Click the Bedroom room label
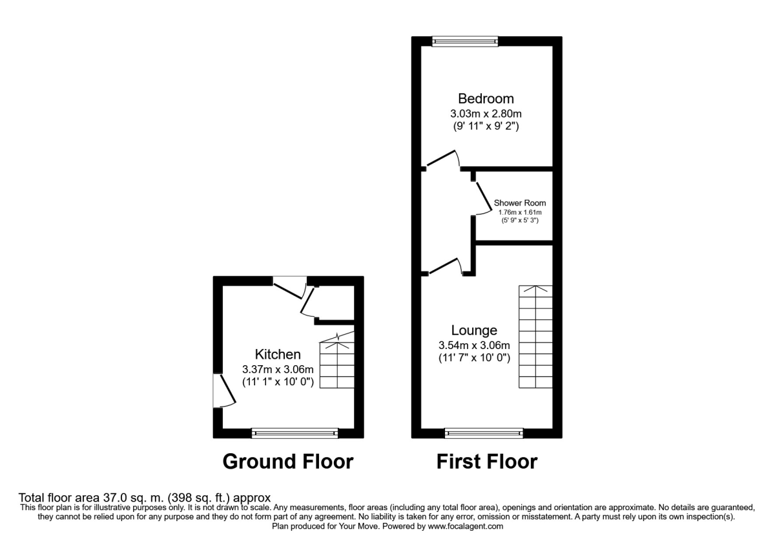(x=486, y=99)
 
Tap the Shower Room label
(x=520, y=203)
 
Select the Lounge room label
(x=474, y=330)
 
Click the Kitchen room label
(x=278, y=354)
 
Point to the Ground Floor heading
(x=287, y=462)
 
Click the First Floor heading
(x=486, y=462)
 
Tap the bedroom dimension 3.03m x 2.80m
(x=486, y=114)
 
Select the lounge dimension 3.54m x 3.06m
(x=475, y=345)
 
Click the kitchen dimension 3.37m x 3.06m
(x=278, y=369)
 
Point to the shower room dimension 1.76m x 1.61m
(x=520, y=212)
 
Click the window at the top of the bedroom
(x=465, y=41)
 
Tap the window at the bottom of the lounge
(x=484, y=433)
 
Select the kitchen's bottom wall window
(x=294, y=433)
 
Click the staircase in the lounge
(x=535, y=337)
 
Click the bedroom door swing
(x=443, y=159)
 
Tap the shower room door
(x=482, y=197)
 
